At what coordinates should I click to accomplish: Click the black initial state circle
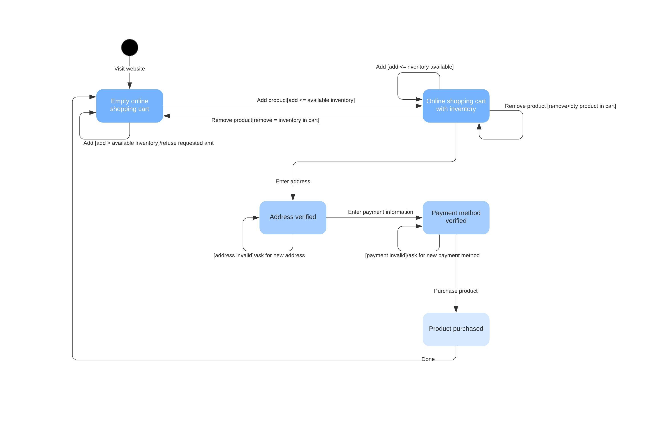tap(130, 47)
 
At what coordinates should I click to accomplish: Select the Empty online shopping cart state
tap(130, 106)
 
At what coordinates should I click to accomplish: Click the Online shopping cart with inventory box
tap(456, 106)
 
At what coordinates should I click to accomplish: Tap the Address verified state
tap(293, 217)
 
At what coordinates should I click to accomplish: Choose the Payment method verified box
tap(456, 217)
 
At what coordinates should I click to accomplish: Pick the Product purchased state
tap(456, 329)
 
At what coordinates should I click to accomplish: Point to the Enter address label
tap(293, 181)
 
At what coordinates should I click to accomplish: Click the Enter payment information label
tap(380, 212)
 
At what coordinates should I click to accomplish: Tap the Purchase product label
tap(456, 291)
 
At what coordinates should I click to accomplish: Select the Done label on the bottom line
tap(428, 359)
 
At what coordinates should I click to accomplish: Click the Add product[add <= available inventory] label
tap(306, 100)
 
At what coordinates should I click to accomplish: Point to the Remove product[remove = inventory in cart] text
tap(265, 120)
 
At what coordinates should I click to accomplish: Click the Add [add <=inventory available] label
tap(414, 67)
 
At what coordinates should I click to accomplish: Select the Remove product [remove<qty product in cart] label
tap(560, 106)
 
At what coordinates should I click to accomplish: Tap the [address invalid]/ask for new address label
tap(259, 255)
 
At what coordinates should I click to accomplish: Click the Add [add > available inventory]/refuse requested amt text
tap(148, 143)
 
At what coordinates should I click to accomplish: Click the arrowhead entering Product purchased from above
tap(456, 309)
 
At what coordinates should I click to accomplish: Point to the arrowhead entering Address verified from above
tap(293, 197)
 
